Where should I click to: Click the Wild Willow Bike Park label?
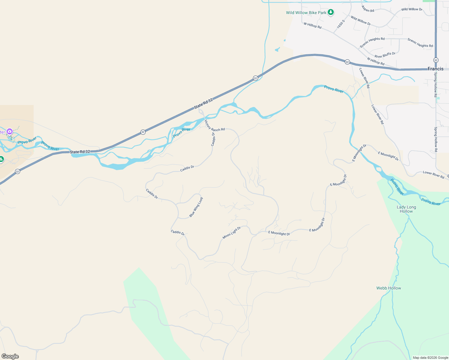pyautogui.click(x=306, y=13)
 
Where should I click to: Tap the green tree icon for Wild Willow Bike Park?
pyautogui.click(x=331, y=12)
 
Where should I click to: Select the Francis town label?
pyautogui.click(x=435, y=69)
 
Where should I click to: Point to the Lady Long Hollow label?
pyautogui.click(x=406, y=209)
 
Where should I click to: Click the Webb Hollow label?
pyautogui.click(x=389, y=288)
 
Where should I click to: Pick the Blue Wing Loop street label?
pyautogui.click(x=196, y=207)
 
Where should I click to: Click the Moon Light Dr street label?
pyautogui.click(x=232, y=233)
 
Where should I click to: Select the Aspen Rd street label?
pyautogui.click(x=368, y=9)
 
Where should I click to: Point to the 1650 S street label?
pyautogui.click(x=341, y=24)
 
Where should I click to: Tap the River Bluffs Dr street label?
pyautogui.click(x=385, y=55)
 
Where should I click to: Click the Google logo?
pyautogui.click(x=10, y=356)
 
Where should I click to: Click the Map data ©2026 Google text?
pyautogui.click(x=430, y=358)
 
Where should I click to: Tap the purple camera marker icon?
pyautogui.click(x=10, y=131)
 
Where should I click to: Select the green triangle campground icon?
pyautogui.click(x=1, y=159)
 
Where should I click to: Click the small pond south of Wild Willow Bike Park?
pyautogui.click(x=277, y=49)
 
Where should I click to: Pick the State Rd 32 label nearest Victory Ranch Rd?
pyautogui.click(x=203, y=103)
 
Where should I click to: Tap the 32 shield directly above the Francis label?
pyautogui.click(x=436, y=60)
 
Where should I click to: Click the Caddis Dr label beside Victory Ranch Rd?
pyautogui.click(x=213, y=139)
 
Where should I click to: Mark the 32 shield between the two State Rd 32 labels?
pyautogui.click(x=143, y=132)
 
